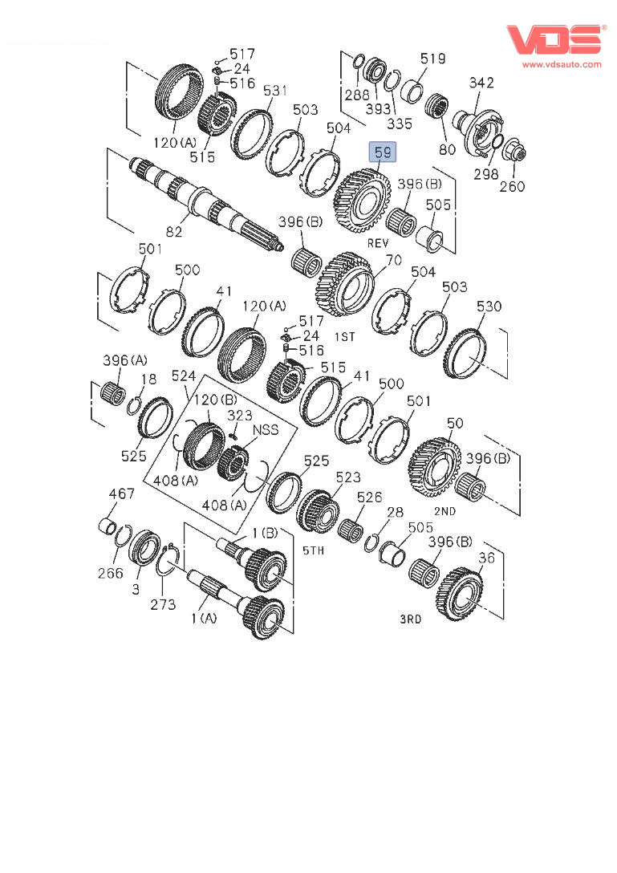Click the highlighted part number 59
383,152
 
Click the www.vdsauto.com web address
562,64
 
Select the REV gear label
378,243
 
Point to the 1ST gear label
345,337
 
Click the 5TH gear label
314,550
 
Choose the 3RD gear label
411,619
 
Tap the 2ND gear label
444,511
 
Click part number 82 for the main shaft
174,232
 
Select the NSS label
266,430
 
